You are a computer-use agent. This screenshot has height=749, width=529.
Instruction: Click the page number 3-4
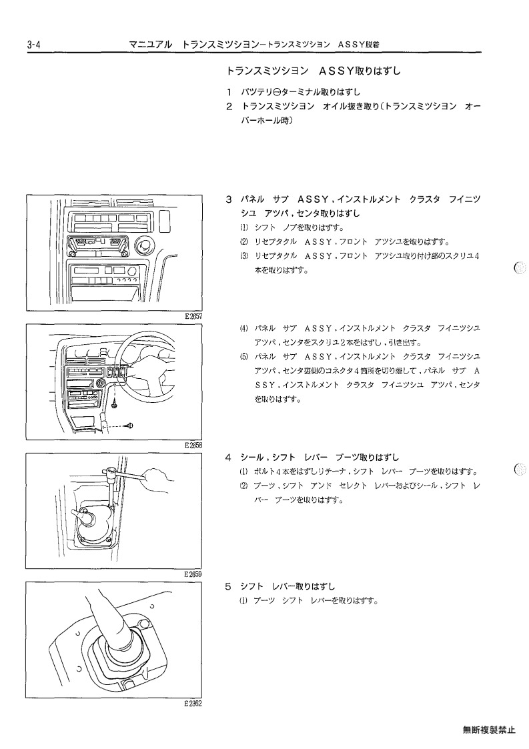(x=34, y=45)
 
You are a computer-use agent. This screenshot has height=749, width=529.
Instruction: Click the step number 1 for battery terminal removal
(x=229, y=92)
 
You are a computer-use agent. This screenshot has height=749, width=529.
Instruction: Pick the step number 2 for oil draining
(x=229, y=107)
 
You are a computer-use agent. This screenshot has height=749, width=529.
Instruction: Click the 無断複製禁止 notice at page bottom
(x=489, y=730)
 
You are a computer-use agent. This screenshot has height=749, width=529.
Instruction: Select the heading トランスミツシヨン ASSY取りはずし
(x=314, y=71)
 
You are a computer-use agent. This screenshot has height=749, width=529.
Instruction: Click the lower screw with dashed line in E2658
(x=130, y=426)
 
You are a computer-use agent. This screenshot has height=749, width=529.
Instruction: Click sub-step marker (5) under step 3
(x=244, y=357)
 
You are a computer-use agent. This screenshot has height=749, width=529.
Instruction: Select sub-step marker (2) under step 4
(x=244, y=486)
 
